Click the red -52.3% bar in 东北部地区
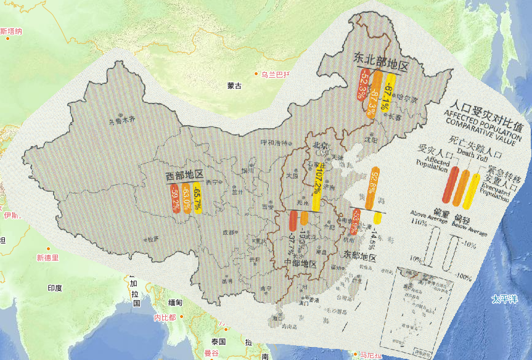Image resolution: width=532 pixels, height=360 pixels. click(x=362, y=85)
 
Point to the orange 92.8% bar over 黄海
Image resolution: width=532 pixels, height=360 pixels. click(x=372, y=188)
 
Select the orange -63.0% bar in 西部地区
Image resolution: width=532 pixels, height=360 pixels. click(x=186, y=199)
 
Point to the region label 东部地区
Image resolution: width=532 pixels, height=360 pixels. click(x=359, y=255)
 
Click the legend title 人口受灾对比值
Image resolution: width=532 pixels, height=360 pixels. click(x=487, y=109)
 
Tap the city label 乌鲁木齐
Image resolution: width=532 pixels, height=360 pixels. click(x=121, y=121)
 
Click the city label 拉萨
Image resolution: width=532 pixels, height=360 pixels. click(x=152, y=238)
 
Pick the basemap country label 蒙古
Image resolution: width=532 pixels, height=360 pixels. click(x=234, y=86)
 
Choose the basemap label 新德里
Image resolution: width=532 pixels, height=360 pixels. click(x=47, y=258)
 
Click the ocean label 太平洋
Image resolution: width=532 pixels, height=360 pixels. click(x=504, y=300)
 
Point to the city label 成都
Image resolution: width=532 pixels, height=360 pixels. click(x=229, y=232)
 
